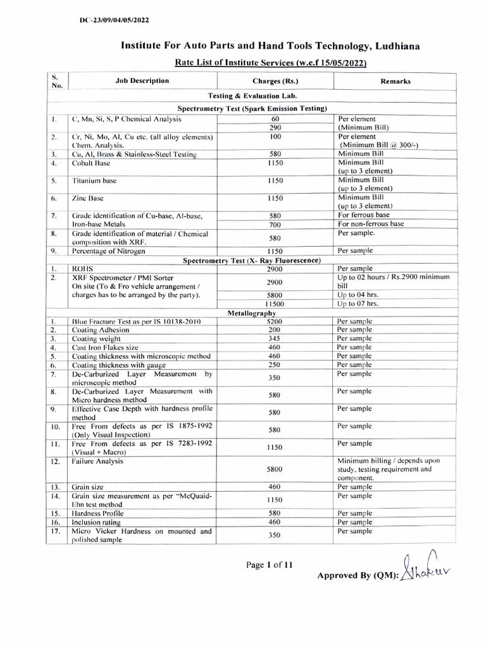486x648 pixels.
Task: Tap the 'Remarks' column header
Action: (396, 82)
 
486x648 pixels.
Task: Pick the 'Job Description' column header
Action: (142, 81)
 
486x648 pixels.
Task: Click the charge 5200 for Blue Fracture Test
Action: (275, 321)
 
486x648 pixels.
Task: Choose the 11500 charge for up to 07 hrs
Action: (275, 304)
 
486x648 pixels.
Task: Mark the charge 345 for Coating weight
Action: (275, 339)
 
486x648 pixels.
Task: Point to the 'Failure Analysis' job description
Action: (97, 461)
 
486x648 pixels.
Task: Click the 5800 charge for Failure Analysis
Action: (275, 470)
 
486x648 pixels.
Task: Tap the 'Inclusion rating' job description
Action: (98, 522)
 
